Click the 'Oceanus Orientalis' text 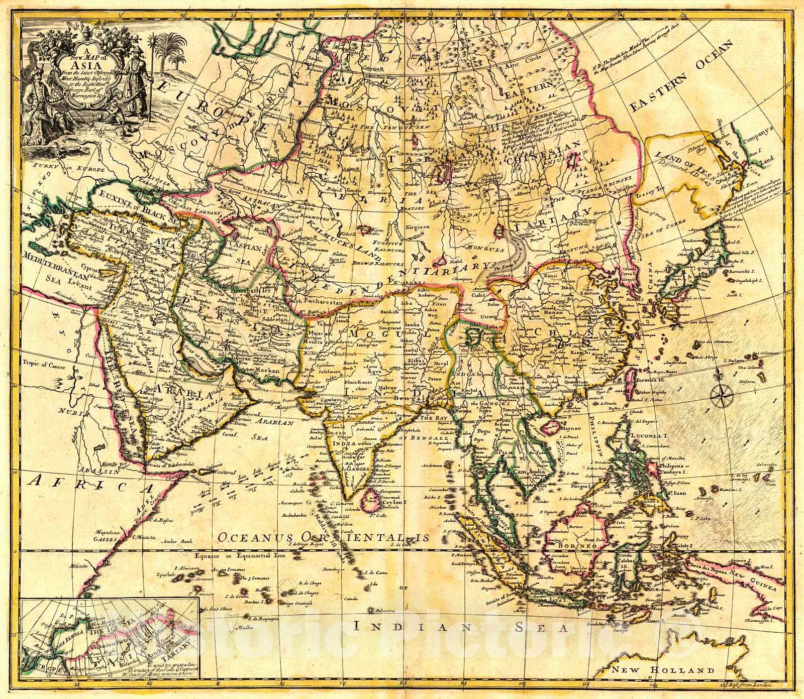[x=324, y=537]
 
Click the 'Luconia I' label [x=648, y=435]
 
